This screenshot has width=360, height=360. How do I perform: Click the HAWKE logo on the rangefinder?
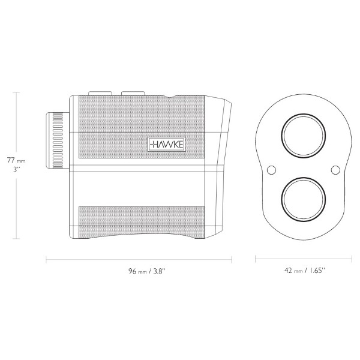point(166,145)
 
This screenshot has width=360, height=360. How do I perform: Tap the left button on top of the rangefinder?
point(100,93)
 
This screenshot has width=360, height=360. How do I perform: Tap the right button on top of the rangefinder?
point(133,93)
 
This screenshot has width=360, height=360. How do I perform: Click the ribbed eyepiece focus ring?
point(58,140)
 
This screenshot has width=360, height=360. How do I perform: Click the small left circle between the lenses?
point(271,170)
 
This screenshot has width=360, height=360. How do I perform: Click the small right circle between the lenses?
point(335,170)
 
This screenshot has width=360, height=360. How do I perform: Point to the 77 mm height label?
point(16,160)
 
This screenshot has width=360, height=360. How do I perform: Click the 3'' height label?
point(16,170)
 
